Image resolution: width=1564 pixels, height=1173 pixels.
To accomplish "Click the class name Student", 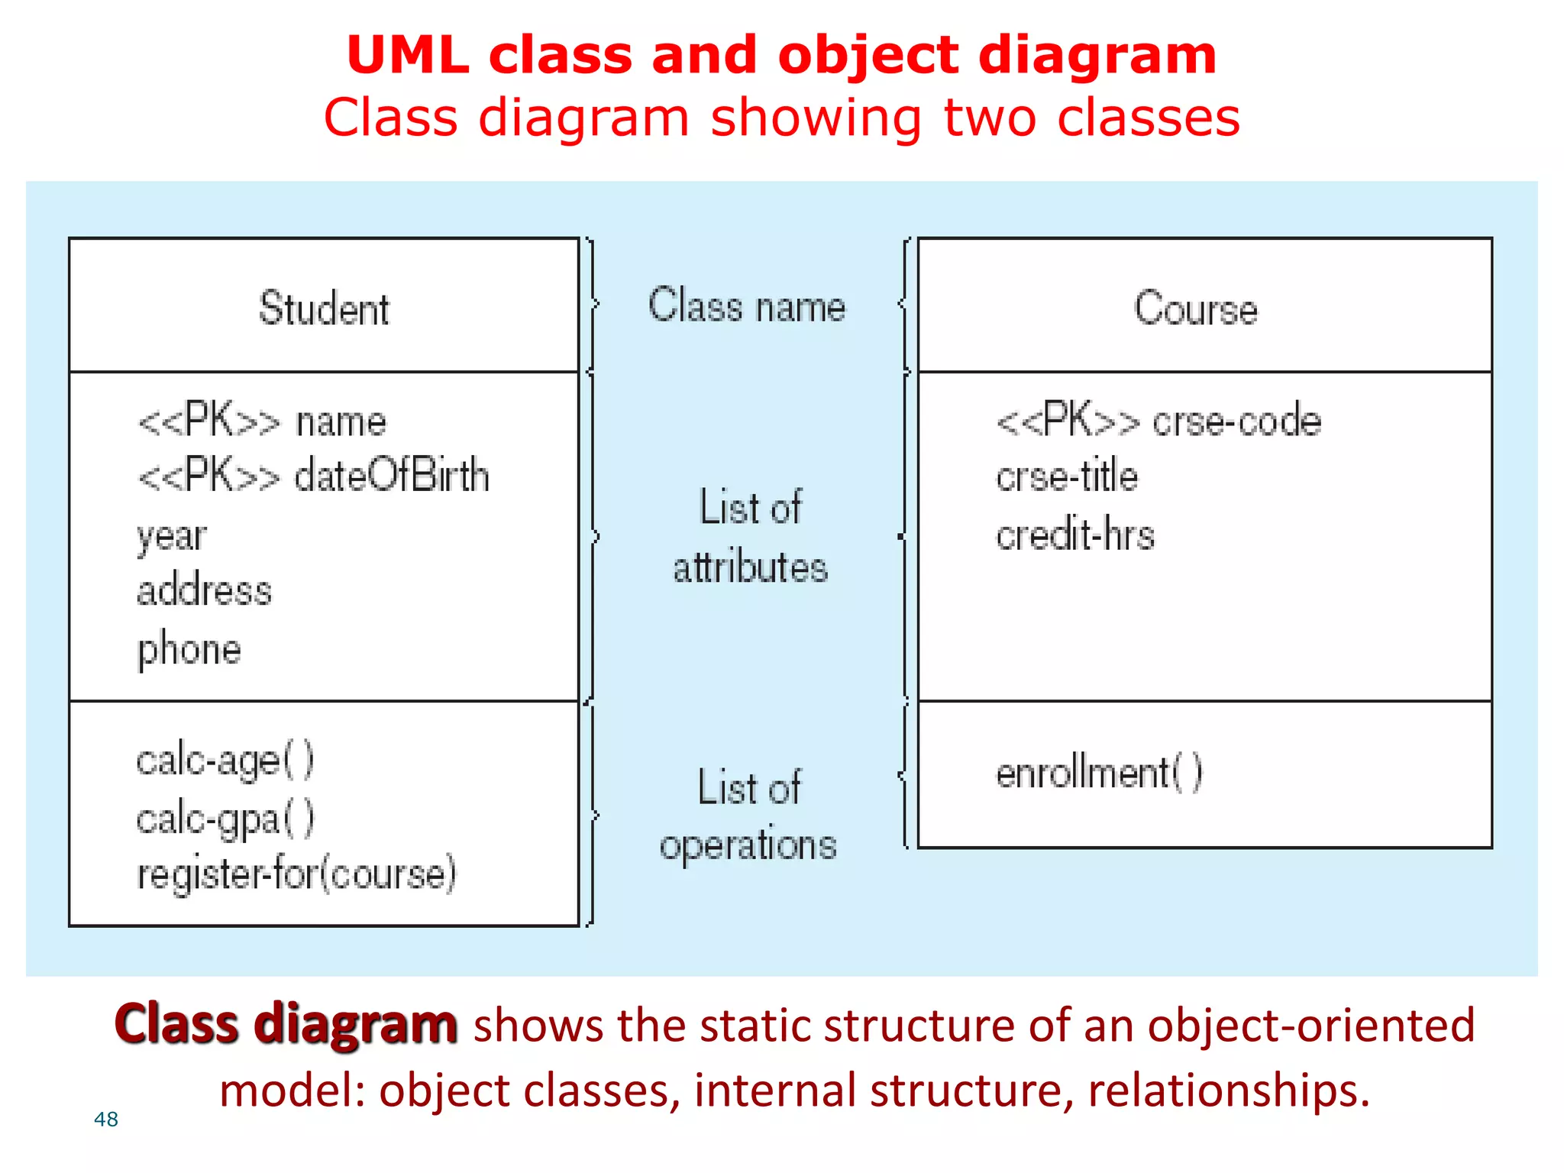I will coord(324,309).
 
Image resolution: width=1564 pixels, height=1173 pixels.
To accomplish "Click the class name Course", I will coord(1195,309).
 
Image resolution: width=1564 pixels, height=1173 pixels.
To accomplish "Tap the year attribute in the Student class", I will coord(172,536).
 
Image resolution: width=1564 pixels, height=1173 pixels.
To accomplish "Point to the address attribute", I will coord(204,591).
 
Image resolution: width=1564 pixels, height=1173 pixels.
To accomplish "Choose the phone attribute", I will coord(189,650).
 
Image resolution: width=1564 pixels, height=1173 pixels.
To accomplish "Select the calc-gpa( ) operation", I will coord(225,819).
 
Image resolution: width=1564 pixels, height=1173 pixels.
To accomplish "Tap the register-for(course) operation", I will coord(296,874).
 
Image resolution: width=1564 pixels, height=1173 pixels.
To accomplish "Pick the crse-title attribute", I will coord(1067,477).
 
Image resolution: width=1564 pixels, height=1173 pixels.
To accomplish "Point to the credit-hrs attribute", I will coord(1075,534).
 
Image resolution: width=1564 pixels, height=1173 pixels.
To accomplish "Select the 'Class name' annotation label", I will coord(747,306).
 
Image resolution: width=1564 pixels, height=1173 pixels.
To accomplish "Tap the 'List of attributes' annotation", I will coord(750,537).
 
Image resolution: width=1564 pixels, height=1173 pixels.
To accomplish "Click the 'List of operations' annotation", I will coord(748,816).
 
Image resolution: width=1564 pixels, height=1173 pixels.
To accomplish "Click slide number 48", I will coord(105,1120).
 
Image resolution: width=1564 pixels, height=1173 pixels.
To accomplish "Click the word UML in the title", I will coord(408,56).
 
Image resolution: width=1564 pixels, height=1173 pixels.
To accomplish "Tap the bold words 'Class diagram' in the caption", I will coord(286,1024).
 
